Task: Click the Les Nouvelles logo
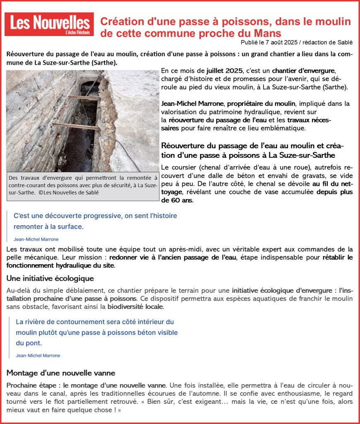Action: click(x=49, y=24)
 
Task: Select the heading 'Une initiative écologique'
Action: click(x=50, y=278)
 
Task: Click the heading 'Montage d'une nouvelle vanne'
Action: click(x=61, y=373)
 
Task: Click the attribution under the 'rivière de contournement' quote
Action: click(x=38, y=355)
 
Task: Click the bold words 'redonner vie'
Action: click(x=128, y=258)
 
